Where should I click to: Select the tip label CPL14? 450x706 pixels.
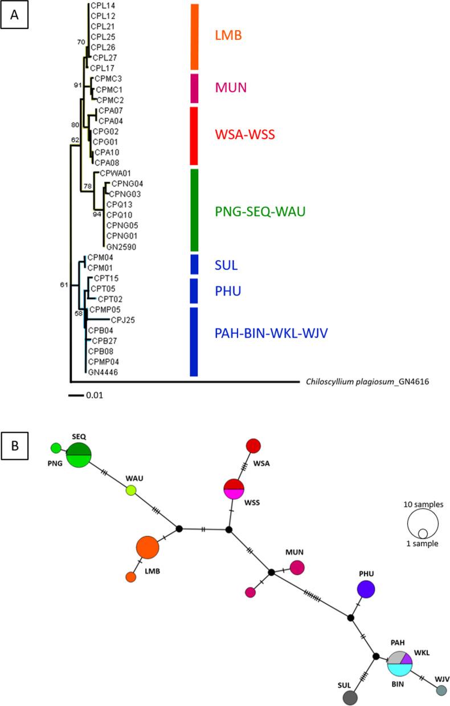click(101, 6)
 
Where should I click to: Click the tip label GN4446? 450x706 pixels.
click(100, 372)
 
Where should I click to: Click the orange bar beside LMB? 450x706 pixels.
click(194, 36)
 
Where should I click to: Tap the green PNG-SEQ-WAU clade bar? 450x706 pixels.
click(194, 210)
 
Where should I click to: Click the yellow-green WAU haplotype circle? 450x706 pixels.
click(131, 490)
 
